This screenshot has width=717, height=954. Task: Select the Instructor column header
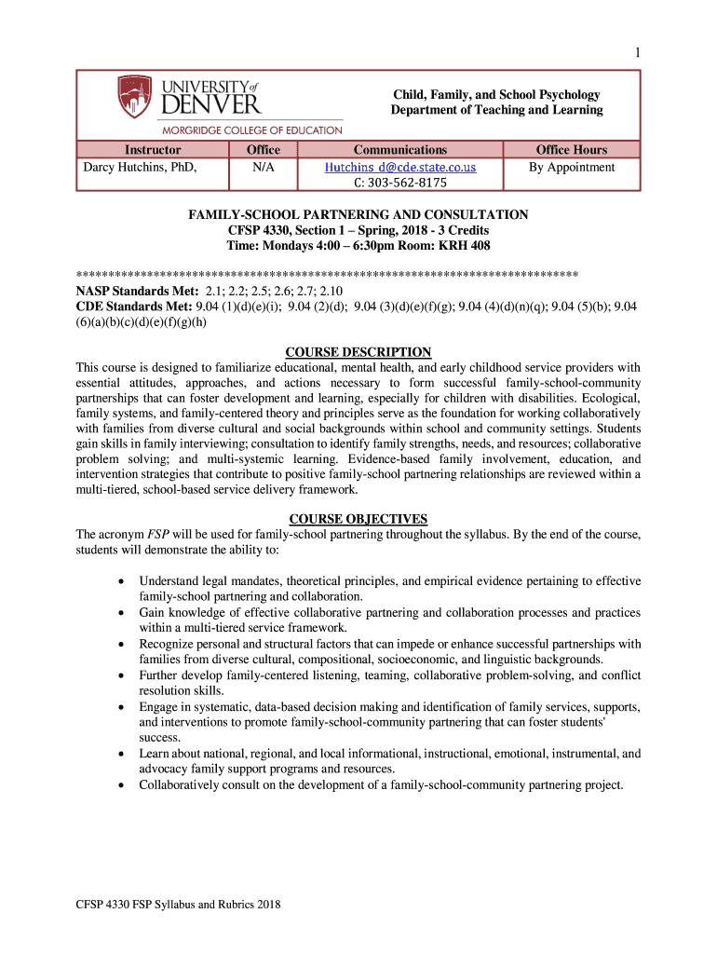pos(152,150)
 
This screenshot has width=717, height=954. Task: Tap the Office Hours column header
pos(571,150)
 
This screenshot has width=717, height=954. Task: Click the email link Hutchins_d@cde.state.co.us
pos(400,168)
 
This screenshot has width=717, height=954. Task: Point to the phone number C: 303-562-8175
pos(400,183)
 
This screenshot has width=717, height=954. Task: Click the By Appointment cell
pos(572,168)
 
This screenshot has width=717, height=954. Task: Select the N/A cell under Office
pos(263,168)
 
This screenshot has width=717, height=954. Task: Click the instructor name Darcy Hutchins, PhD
pos(141,168)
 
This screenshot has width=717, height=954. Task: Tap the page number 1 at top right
pos(638,53)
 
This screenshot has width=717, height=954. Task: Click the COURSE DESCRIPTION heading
pos(358,352)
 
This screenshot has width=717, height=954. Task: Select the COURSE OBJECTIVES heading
pos(358,519)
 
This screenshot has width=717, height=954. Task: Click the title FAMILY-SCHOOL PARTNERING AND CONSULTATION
pos(358,215)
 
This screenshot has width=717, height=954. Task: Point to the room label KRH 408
pos(465,246)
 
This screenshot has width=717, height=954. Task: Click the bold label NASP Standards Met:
pos(130,292)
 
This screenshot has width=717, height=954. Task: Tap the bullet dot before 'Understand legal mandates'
pos(122,581)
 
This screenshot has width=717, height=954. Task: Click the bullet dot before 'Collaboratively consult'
pos(122,785)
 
